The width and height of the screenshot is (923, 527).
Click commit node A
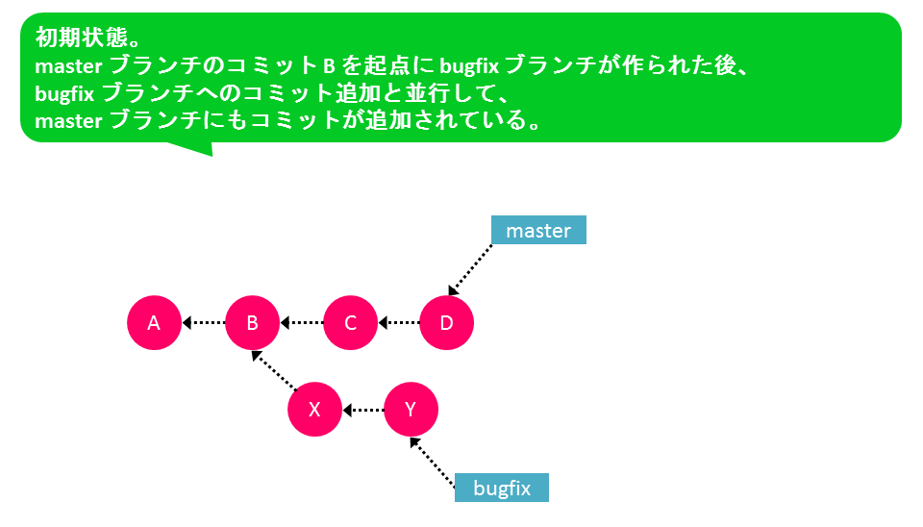154,323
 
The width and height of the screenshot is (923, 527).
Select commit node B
252,323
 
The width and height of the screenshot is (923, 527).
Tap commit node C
350,323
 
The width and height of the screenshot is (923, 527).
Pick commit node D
447,323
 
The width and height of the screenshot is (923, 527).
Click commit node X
315,410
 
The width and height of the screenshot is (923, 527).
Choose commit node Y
411,410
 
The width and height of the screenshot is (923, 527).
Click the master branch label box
538,230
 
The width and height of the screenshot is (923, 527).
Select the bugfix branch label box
502,488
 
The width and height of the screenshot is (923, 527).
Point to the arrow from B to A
204,323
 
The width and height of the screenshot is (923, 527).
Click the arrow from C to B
301,323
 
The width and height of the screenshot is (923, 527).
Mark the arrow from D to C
399,323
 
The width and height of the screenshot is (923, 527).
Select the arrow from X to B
274,370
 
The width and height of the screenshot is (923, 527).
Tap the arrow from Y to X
363,410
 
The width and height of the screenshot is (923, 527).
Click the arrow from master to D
470,269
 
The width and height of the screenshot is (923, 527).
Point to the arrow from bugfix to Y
432,463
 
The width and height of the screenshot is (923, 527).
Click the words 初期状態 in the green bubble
82,38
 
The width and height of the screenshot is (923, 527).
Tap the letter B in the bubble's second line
329,66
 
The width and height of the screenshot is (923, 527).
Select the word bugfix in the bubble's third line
64,93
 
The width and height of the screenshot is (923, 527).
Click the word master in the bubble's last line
69,121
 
